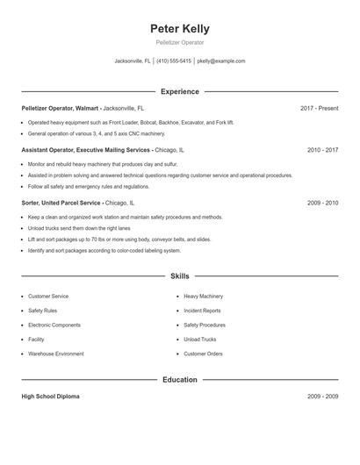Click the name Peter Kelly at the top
tap(179, 29)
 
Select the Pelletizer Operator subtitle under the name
tap(179, 42)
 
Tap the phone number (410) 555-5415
tap(174, 61)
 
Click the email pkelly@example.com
tap(221, 61)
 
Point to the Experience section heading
tap(179, 91)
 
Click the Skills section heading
tap(179, 275)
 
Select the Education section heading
tap(179, 380)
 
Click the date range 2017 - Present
tap(319, 109)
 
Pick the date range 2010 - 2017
tap(322, 150)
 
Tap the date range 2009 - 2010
tap(322, 203)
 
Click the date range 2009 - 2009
tap(322, 397)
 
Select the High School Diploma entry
tap(50, 397)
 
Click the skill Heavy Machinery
tap(204, 297)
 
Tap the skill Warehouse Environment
tap(56, 354)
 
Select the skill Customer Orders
tap(203, 354)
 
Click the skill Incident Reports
tap(202, 311)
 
